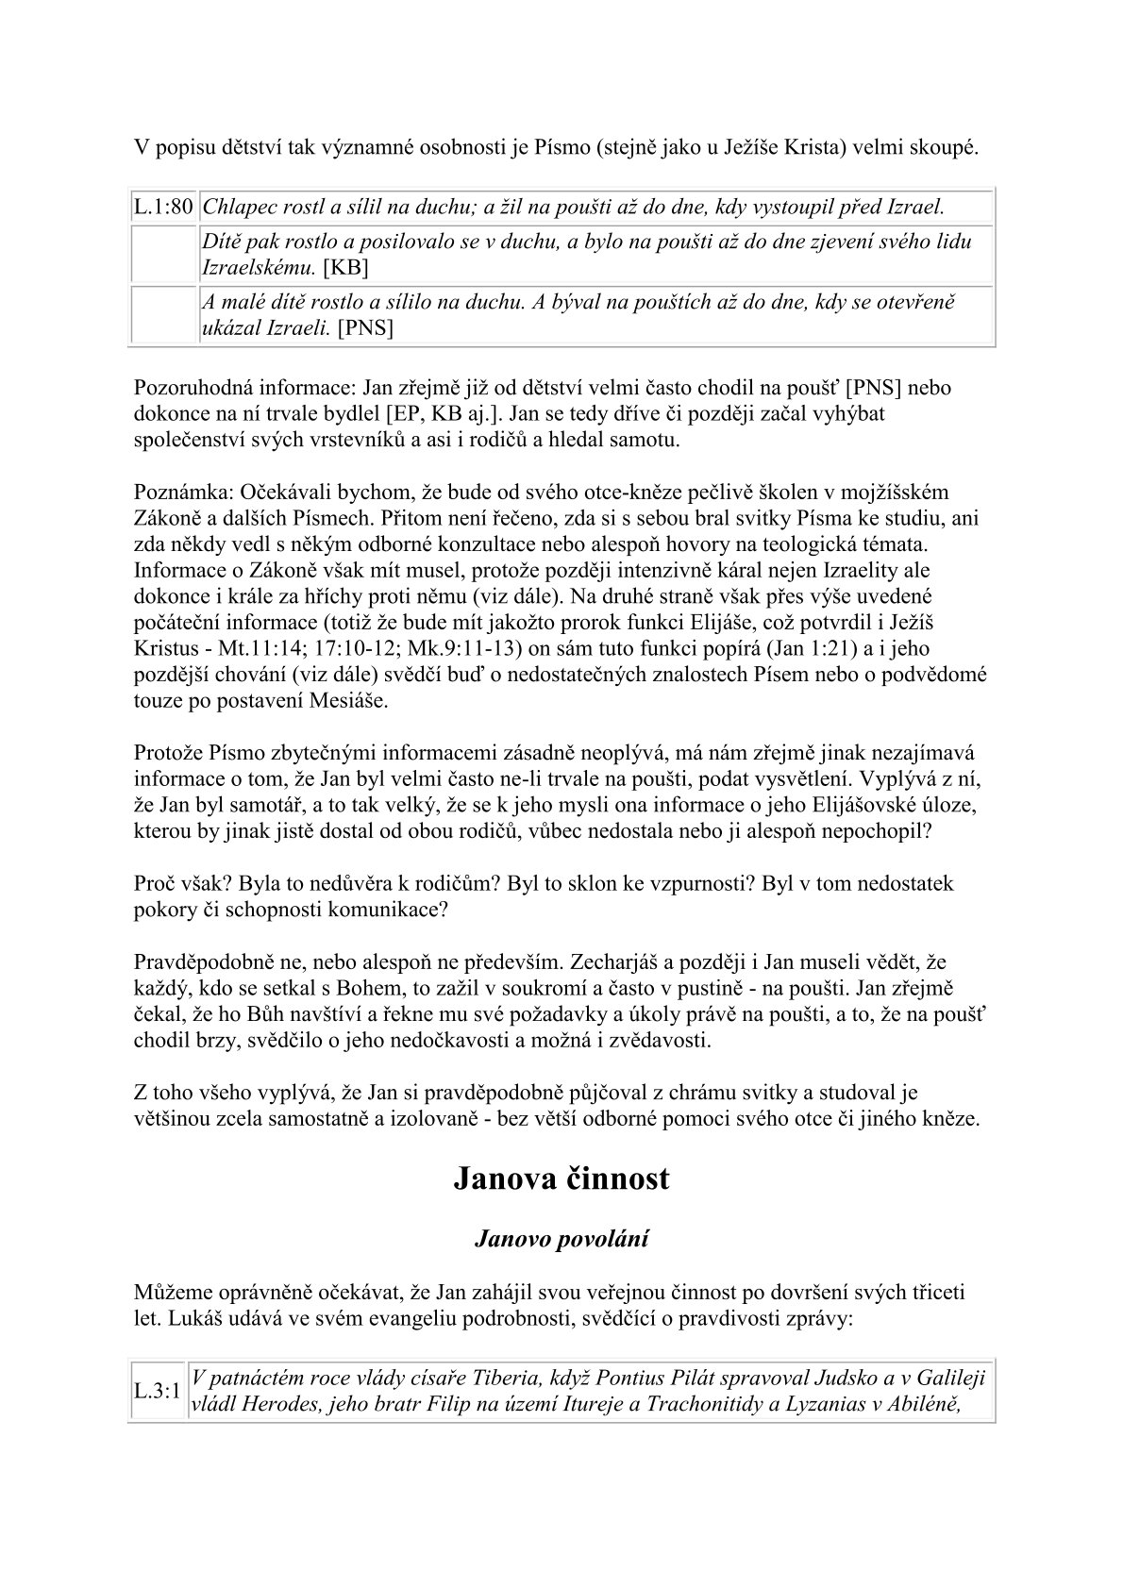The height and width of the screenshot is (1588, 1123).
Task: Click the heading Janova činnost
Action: (561, 1178)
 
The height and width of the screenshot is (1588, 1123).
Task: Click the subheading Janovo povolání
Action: (561, 1239)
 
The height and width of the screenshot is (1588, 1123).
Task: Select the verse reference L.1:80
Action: (163, 207)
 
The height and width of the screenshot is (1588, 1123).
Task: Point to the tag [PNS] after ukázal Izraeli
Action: (365, 327)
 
